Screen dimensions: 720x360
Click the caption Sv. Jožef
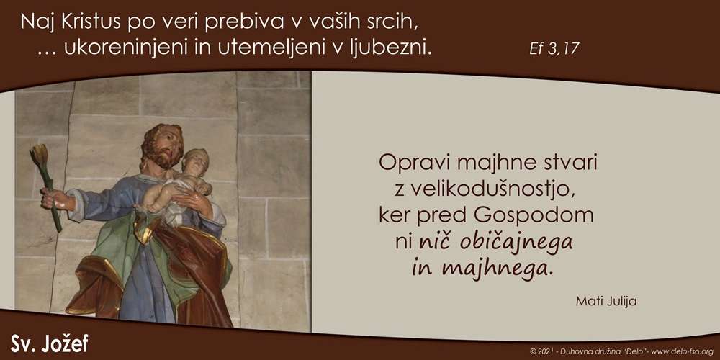[49, 343]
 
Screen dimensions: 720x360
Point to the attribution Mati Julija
[606, 302]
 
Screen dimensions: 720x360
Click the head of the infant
[196, 161]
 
